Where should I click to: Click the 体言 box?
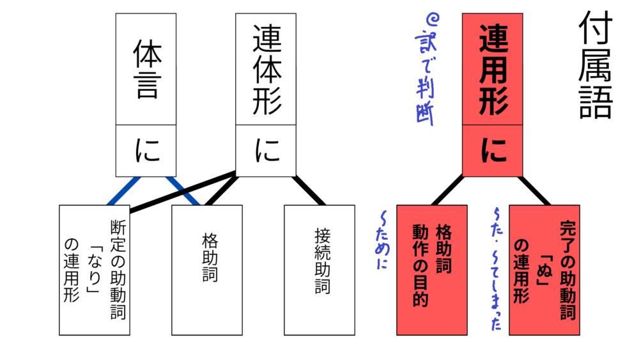[146, 70]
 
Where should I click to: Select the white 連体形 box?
[265, 70]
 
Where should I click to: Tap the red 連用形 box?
[492, 70]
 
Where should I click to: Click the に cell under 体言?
[146, 151]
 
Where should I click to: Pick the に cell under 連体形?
[265, 151]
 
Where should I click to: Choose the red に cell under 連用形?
[492, 151]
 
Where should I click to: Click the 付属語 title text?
[596, 67]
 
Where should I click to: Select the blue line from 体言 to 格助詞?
[184, 191]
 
